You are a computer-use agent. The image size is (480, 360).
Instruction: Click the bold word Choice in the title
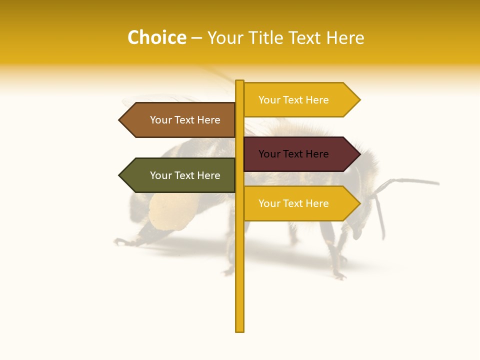[156, 38]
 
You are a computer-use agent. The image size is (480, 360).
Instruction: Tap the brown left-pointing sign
[180, 120]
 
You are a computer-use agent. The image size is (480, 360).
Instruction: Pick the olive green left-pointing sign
[180, 175]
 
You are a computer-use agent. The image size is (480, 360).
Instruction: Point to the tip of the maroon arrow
[359, 154]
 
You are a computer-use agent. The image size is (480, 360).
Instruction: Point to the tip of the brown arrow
[119, 120]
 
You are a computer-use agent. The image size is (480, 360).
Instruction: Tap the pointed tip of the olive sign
[119, 175]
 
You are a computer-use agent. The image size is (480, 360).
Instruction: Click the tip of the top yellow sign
[359, 100]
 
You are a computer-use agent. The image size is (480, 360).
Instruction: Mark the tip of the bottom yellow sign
[359, 203]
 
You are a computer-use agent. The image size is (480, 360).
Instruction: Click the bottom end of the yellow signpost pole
[240, 329]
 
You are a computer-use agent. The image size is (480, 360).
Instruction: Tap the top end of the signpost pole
[240, 82]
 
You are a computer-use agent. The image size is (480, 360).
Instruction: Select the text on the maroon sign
[293, 154]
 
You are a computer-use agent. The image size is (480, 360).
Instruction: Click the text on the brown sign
[185, 120]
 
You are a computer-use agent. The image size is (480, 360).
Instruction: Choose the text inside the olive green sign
[185, 175]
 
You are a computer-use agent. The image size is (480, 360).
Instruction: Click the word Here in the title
[345, 38]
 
